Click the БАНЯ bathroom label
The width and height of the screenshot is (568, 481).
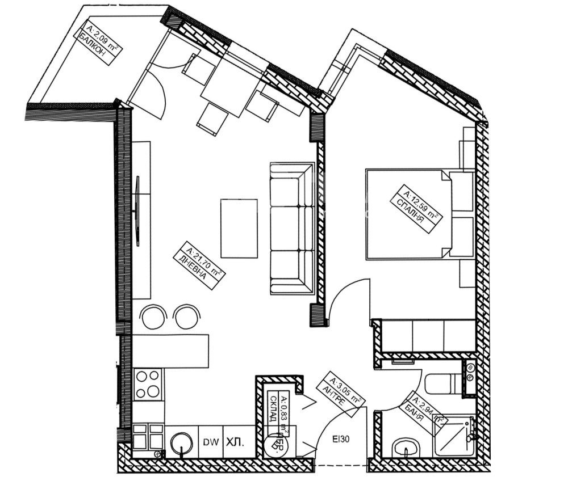(421, 411)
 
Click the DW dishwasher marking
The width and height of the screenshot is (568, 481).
(209, 441)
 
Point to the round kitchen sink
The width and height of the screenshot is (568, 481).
(181, 442)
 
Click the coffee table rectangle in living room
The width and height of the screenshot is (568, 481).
(239, 227)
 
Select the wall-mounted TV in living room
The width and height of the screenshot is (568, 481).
(137, 210)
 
